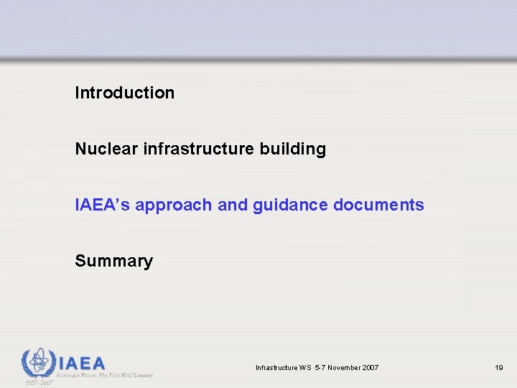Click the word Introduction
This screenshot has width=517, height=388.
[x=124, y=93]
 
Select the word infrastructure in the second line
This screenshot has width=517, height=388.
[x=189, y=149]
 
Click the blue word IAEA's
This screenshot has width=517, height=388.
[x=102, y=205]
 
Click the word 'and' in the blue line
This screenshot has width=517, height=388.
[x=232, y=205]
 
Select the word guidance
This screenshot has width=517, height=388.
[x=290, y=205]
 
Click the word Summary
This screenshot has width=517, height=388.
[x=113, y=261]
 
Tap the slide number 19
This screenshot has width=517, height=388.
[x=498, y=368]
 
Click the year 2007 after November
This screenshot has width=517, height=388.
[x=371, y=368]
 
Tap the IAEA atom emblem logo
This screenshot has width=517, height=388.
[x=37, y=362]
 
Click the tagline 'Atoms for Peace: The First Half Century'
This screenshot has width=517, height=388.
[x=106, y=375]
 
